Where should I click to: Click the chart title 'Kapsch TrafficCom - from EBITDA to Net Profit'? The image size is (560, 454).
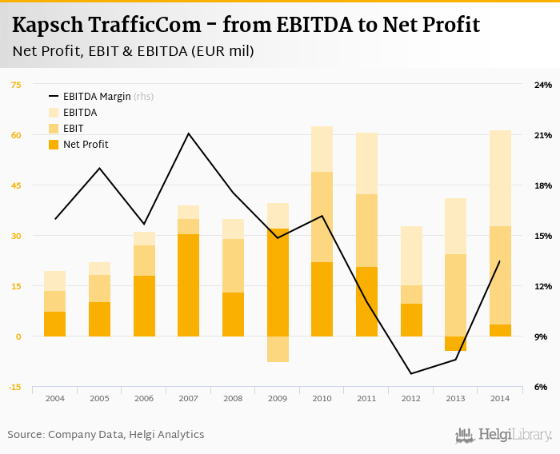pyautogui.click(x=246, y=25)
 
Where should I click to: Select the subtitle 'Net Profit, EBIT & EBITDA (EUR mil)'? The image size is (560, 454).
pyautogui.click(x=134, y=52)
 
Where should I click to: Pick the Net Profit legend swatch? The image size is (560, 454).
pyautogui.click(x=54, y=145)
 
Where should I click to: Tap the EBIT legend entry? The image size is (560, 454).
pyautogui.click(x=73, y=129)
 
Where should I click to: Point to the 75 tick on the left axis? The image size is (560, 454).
pyautogui.click(x=16, y=85)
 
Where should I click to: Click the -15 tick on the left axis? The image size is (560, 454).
pyautogui.click(x=15, y=387)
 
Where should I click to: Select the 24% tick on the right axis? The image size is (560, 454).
pyautogui.click(x=543, y=85)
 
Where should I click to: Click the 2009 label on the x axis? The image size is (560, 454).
pyautogui.click(x=278, y=398)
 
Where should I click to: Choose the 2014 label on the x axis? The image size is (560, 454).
pyautogui.click(x=500, y=398)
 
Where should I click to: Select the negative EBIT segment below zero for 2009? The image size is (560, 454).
pyautogui.click(x=278, y=349)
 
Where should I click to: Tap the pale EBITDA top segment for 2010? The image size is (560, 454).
pyautogui.click(x=322, y=149)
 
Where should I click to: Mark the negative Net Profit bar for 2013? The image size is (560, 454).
pyautogui.click(x=456, y=344)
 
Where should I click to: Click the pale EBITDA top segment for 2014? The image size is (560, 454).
pyautogui.click(x=500, y=177)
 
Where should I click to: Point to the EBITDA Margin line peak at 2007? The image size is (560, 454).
pyautogui.click(x=189, y=133)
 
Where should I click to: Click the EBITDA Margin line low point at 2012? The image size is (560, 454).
pyautogui.click(x=411, y=373)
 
